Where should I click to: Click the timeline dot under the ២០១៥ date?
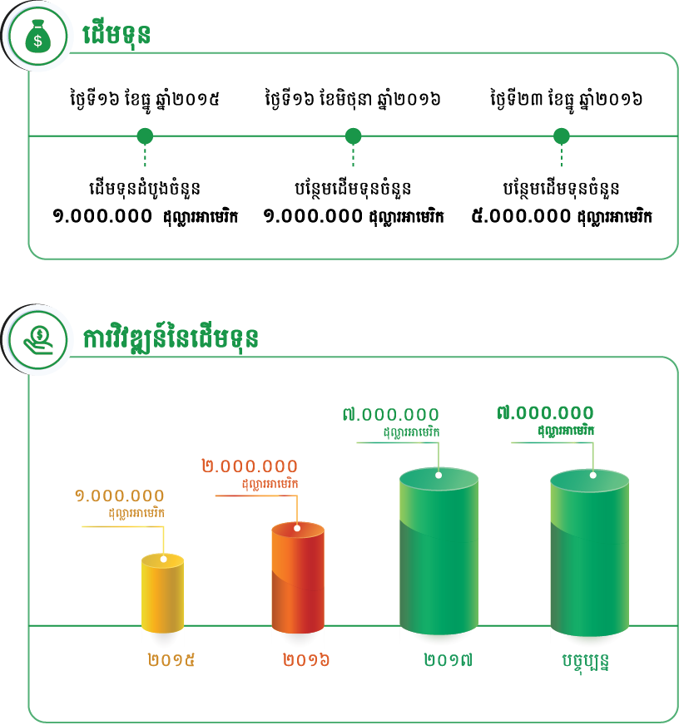click(145, 136)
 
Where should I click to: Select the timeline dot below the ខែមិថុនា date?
click(353, 136)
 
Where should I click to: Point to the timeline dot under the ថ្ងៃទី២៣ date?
click(562, 136)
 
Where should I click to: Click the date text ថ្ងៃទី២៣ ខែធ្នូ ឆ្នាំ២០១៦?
click(565, 100)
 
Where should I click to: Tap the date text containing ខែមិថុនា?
click(352, 100)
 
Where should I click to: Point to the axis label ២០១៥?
click(171, 662)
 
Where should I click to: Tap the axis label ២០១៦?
click(306, 662)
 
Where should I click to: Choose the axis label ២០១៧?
click(449, 662)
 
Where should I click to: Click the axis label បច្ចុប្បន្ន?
click(584, 663)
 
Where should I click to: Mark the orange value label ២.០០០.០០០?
click(249, 466)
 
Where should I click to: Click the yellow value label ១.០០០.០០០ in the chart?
click(119, 496)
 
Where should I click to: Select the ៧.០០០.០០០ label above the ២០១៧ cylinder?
click(390, 414)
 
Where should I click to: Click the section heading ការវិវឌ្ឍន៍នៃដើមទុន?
click(170, 338)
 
